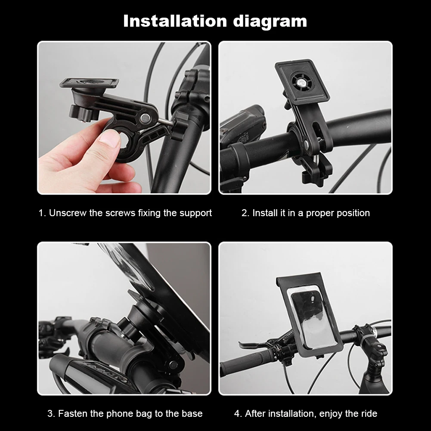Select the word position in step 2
[x=352, y=213]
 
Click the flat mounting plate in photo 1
[x=90, y=83]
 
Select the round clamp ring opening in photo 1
[x=128, y=142]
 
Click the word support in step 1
[x=195, y=213]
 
